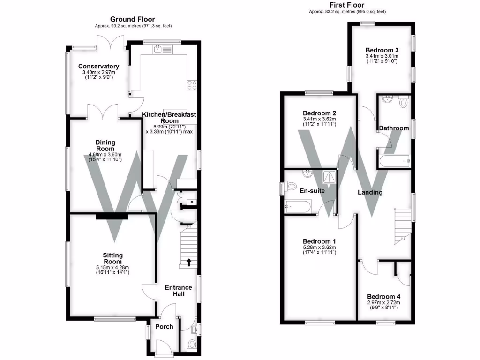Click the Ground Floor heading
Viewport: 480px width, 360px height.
[x=132, y=19]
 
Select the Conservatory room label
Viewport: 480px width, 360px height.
[x=98, y=67]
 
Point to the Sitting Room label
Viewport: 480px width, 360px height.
[x=112, y=258]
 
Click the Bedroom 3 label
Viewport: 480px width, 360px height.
[x=382, y=50]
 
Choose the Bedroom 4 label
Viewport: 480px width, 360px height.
[x=383, y=296]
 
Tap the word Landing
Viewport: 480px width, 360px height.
[x=370, y=192]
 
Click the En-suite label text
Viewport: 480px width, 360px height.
[x=312, y=191]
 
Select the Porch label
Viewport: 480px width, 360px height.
[x=164, y=326]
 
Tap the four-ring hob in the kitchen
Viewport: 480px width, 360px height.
[x=192, y=85]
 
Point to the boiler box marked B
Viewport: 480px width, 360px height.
[x=191, y=202]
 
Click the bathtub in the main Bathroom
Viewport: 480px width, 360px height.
[x=395, y=162]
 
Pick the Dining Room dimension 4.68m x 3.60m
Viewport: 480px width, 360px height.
[x=105, y=155]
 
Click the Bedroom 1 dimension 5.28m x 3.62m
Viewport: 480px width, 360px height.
[x=319, y=247]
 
